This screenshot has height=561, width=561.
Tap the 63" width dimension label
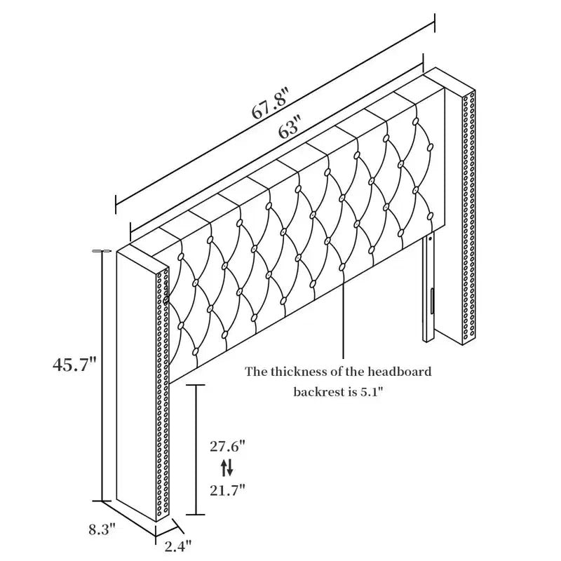click(x=289, y=128)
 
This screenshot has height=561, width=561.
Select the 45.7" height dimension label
click(x=74, y=365)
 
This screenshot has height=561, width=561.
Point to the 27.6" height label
click(x=227, y=447)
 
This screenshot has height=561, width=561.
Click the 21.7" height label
click(x=227, y=489)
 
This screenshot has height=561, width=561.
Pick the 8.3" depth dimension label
click(x=102, y=529)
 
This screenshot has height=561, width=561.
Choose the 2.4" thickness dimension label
click(x=178, y=546)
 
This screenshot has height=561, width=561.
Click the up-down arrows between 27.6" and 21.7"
click(x=227, y=468)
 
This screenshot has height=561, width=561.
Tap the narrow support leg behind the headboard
click(x=428, y=288)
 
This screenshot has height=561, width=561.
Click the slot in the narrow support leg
click(x=432, y=300)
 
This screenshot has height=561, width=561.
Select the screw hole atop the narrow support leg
click(x=431, y=238)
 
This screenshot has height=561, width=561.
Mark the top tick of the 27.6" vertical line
click(x=196, y=385)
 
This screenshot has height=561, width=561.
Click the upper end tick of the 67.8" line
click(x=435, y=23)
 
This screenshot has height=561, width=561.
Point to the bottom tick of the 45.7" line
click(x=102, y=501)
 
